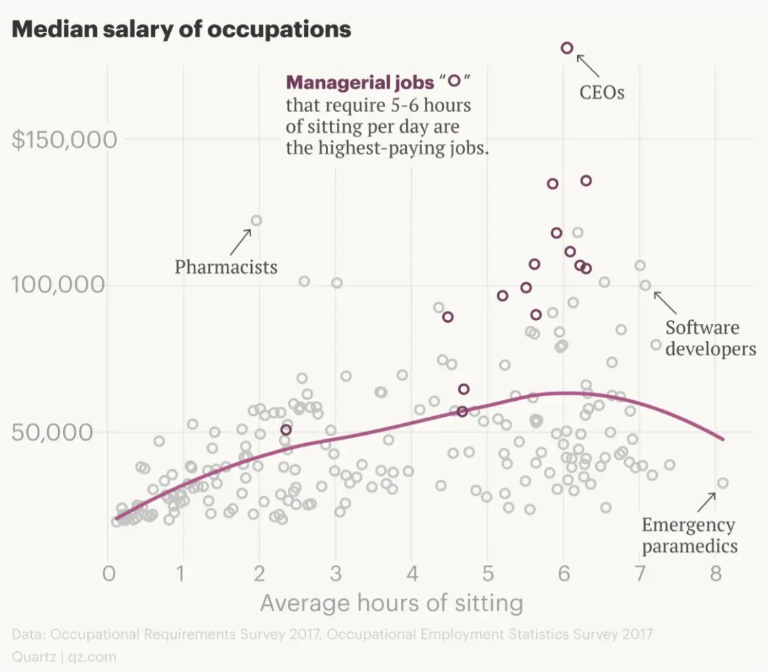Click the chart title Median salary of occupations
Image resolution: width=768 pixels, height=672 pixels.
click(181, 30)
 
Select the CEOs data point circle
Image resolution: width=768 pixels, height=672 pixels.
click(567, 48)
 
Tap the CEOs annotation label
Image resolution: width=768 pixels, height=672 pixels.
click(602, 92)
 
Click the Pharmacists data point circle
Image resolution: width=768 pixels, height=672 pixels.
click(256, 221)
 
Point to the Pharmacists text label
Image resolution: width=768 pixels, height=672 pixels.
click(226, 267)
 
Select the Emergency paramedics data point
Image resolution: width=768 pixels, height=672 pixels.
click(722, 483)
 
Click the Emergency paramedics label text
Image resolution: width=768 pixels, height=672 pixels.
click(689, 535)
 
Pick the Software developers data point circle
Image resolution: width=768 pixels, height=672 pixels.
click(646, 285)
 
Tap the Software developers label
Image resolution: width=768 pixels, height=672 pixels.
click(711, 337)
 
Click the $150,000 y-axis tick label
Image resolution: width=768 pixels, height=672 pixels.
click(65, 139)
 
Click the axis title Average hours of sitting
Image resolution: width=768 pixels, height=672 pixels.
click(391, 603)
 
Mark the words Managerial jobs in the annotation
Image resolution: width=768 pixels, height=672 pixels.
click(359, 83)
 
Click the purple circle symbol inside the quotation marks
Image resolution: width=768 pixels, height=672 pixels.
click(454, 81)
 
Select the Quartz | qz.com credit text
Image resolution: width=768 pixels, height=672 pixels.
click(64, 656)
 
